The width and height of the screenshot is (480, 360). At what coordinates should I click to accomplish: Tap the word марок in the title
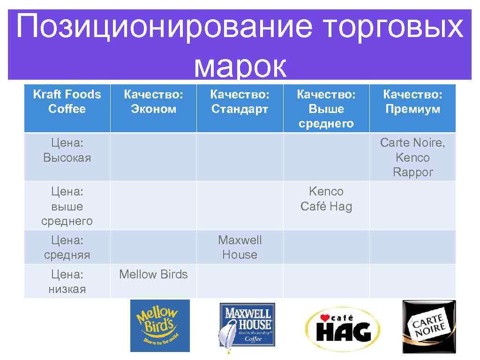240,67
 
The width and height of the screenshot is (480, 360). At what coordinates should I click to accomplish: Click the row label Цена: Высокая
67,150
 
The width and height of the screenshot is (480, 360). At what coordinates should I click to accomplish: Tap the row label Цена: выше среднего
67,206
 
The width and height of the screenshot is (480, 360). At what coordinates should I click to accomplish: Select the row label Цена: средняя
67,247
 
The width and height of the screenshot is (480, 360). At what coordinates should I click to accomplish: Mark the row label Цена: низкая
67,281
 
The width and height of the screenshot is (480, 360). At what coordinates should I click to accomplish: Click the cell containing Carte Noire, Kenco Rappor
412,157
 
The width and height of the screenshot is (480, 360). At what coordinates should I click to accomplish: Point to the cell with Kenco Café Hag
326,199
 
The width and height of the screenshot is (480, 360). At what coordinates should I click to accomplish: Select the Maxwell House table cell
240,247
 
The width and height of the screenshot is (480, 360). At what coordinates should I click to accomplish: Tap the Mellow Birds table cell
153,275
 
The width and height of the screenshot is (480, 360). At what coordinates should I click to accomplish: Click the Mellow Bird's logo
159,325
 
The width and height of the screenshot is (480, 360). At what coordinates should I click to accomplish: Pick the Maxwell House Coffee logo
247,325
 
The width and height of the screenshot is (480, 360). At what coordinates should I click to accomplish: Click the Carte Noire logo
429,326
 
